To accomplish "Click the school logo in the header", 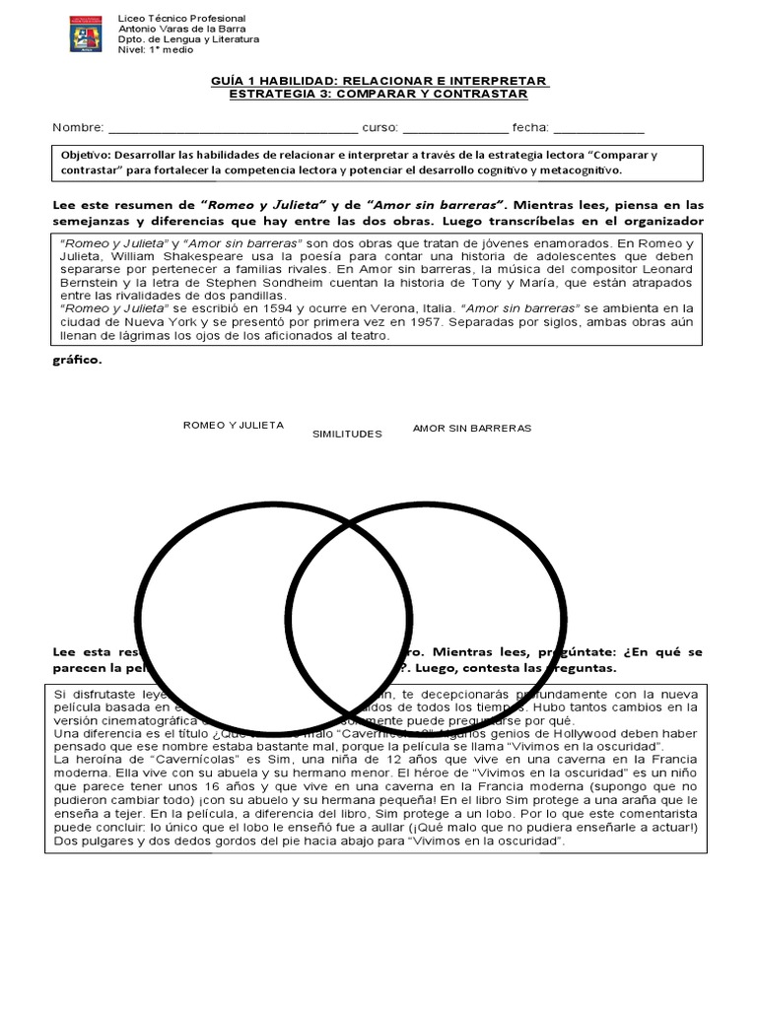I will [x=84, y=34].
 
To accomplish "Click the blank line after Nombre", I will [x=233, y=128].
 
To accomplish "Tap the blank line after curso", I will [x=455, y=128].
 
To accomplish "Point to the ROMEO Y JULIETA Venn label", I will [x=234, y=425].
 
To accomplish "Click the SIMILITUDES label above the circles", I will [x=346, y=433].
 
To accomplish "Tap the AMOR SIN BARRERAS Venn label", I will [x=472, y=428].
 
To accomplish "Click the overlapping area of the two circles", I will [x=350, y=612].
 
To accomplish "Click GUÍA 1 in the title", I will [x=234, y=80].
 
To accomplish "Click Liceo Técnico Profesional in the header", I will [x=182, y=19].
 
